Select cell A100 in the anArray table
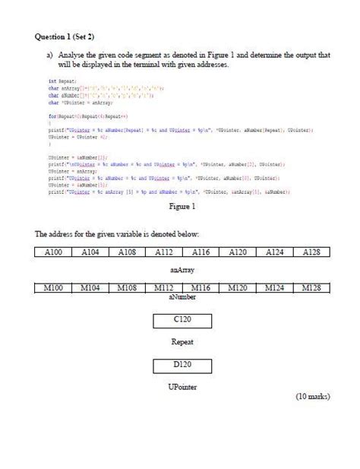pos(54,252)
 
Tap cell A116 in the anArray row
pos(200,252)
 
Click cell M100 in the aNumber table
pos(54,288)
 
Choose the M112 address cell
pos(163,288)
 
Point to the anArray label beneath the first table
pos(181,268)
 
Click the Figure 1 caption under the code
pos(182,206)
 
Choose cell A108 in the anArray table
pos(127,252)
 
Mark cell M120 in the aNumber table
pos(237,288)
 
